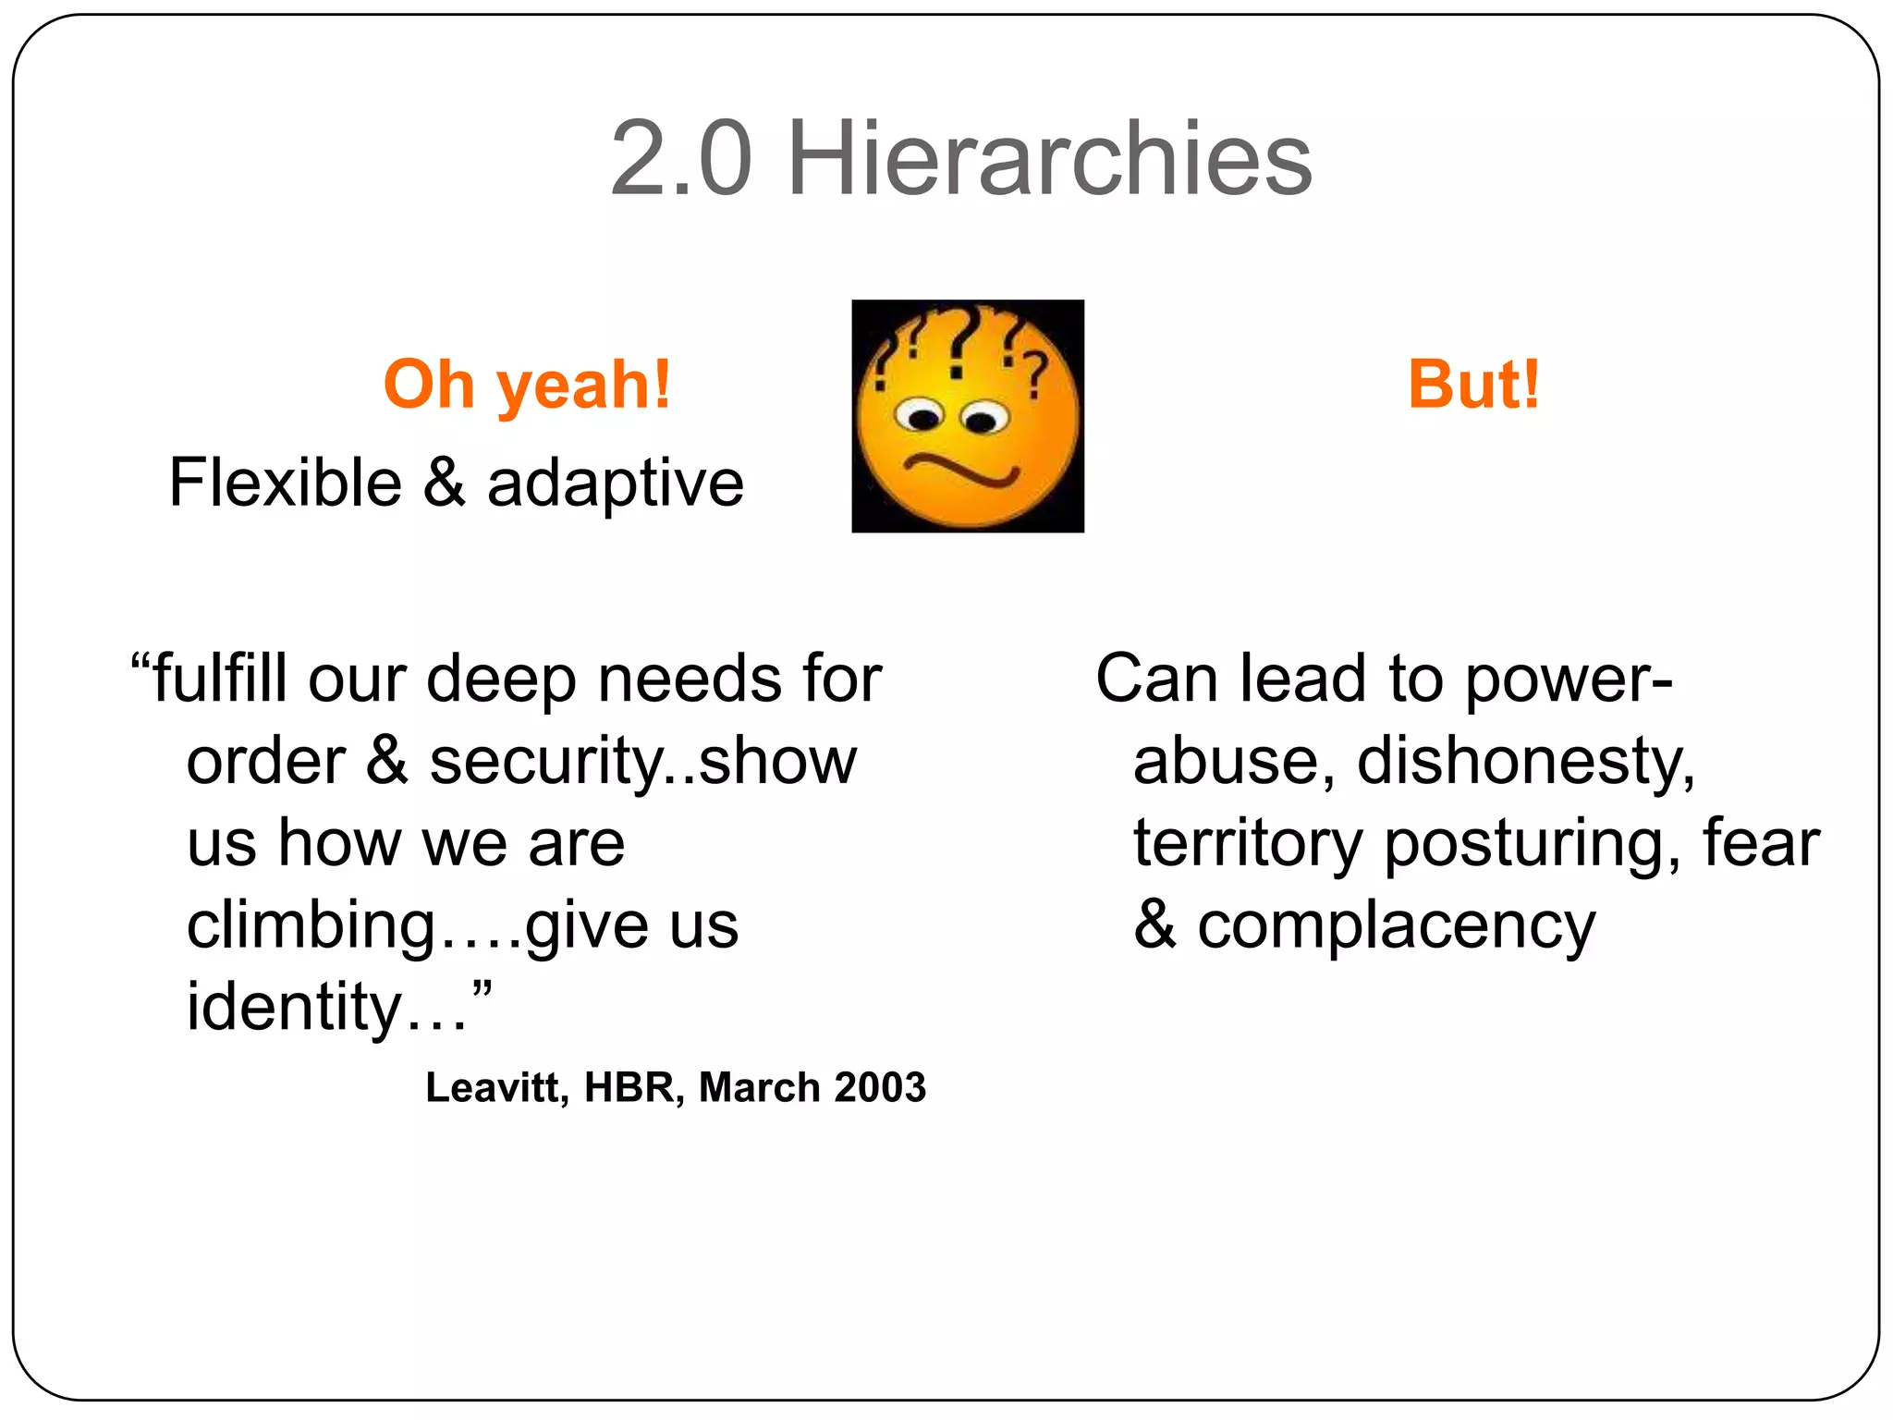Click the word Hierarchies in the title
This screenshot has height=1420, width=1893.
click(1049, 159)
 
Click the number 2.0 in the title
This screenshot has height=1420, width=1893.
click(681, 159)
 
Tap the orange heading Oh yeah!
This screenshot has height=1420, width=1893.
click(527, 385)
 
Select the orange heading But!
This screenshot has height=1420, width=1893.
click(1473, 385)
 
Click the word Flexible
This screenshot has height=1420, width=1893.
click(285, 484)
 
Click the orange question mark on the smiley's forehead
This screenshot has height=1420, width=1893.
click(1037, 374)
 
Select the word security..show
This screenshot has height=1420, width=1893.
click(643, 763)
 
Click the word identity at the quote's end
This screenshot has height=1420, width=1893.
click(294, 1008)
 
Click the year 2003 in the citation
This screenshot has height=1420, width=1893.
click(879, 1088)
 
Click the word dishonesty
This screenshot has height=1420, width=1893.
click(1525, 763)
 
